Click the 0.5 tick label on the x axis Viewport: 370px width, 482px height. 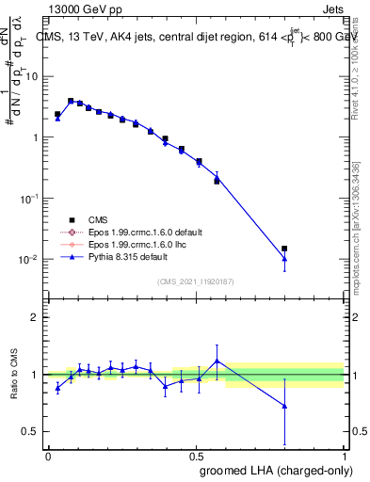pos(196,456)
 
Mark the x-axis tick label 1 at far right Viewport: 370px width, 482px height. pos(345,456)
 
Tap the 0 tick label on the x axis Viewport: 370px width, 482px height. pos(47,456)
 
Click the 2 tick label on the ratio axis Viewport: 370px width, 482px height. pos(36,317)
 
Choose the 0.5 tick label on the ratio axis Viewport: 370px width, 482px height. pos(32,432)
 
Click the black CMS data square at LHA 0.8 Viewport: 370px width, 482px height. pos(284,249)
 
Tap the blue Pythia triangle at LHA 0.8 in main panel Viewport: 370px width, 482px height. pos(284,259)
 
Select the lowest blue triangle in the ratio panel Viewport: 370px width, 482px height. pos(284,406)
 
